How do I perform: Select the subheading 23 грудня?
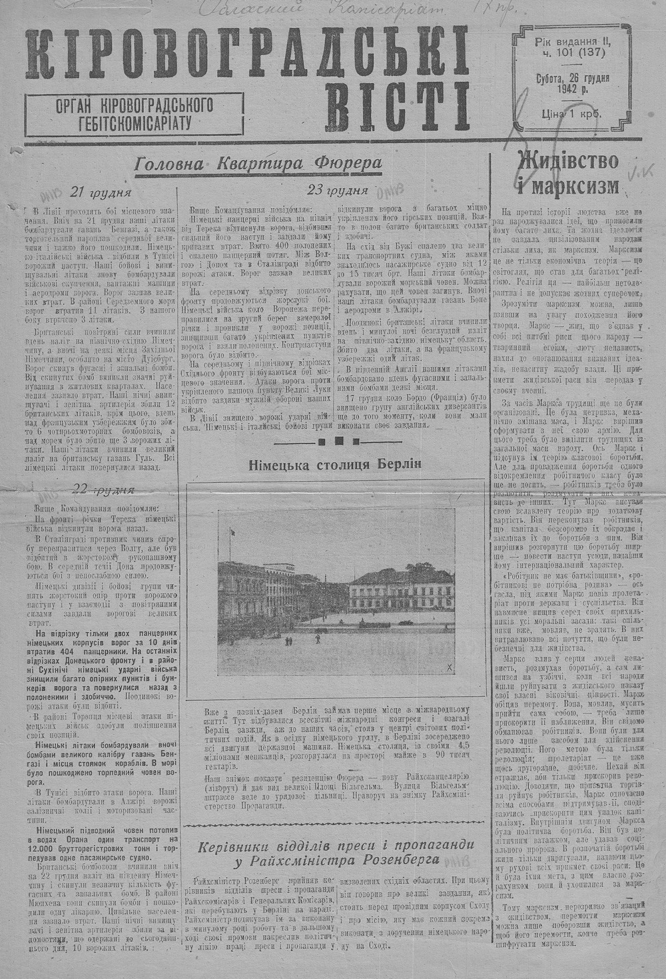pos(338,189)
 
